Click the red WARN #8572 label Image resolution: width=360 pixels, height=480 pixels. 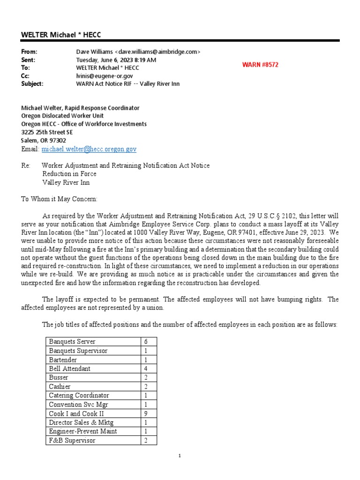tap(260, 65)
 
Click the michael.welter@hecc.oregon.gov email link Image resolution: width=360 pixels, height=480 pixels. tap(89, 149)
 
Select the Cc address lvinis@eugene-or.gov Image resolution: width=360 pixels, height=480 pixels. tap(105, 75)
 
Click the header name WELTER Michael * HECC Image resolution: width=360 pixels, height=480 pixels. tap(61, 35)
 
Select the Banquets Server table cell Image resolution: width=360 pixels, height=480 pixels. tap(72, 342)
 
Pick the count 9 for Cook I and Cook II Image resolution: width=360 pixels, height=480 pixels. tap(146, 413)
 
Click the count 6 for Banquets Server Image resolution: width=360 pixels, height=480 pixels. tap(146, 342)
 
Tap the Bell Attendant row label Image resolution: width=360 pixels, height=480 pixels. tap(70, 368)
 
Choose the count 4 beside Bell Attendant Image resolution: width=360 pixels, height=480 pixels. tap(146, 368)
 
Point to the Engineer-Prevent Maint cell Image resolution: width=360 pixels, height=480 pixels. tap(83, 431)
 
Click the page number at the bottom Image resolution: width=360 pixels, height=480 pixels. tap(180, 456)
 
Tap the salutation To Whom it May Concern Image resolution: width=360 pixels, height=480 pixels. tap(60, 199)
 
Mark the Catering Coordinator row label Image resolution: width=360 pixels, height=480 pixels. tap(79, 396)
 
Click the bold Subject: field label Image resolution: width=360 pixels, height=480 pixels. tap(32, 84)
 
